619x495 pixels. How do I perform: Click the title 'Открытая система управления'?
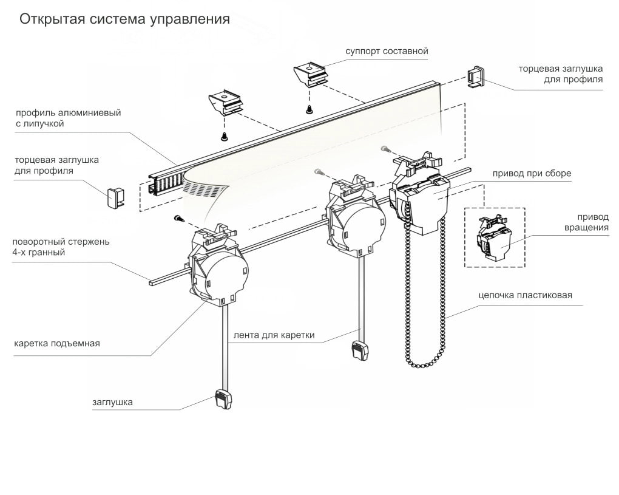coord(124,19)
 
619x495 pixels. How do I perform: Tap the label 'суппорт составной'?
coord(387,51)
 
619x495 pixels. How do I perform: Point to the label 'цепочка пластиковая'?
coord(525,296)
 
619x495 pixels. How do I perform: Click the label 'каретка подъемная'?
coord(57,343)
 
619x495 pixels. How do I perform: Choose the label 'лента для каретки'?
coord(274,335)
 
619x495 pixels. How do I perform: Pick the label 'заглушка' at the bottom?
coord(112,401)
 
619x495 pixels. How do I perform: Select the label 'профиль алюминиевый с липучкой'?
coord(68,118)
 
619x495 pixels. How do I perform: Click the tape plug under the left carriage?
coord(223,400)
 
